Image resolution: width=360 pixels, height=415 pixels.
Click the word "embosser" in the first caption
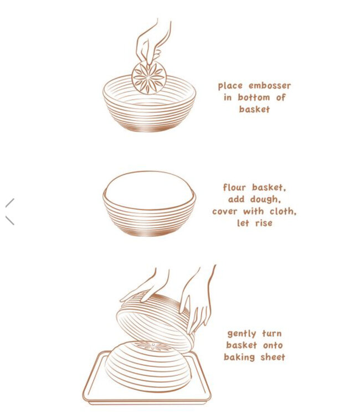(x=270, y=86)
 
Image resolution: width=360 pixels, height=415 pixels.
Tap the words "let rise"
(x=254, y=224)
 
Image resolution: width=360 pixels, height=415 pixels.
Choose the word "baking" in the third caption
(x=240, y=357)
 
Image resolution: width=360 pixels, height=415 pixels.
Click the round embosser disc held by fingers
(x=148, y=77)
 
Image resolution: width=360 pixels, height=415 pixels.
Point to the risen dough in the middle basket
(x=148, y=188)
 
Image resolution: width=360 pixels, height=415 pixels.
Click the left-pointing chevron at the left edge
(x=9, y=211)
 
